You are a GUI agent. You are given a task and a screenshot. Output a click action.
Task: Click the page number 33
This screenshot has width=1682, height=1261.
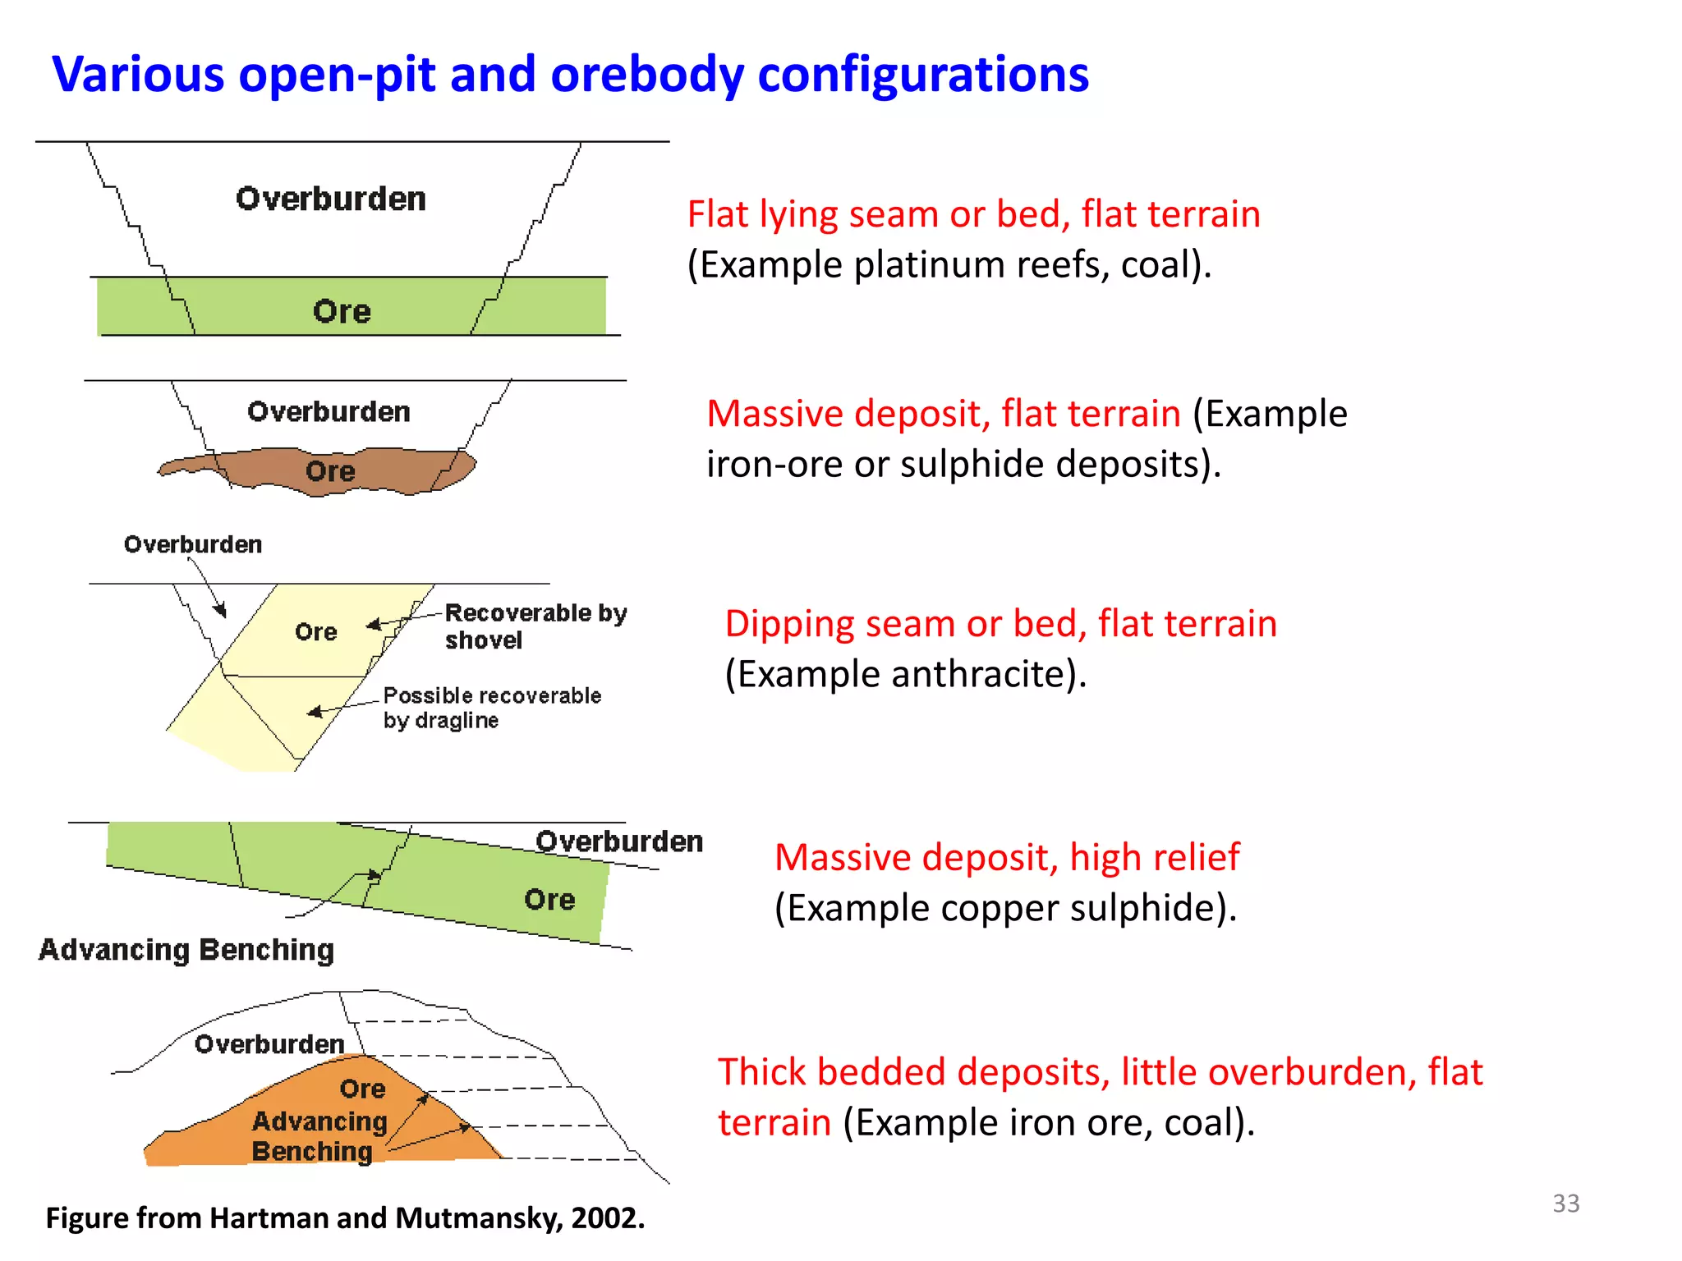(1565, 1204)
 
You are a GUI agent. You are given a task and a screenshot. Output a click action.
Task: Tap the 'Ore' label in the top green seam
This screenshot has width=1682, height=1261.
(342, 312)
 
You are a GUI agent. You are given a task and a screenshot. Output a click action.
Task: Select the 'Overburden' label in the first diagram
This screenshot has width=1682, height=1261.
(330, 199)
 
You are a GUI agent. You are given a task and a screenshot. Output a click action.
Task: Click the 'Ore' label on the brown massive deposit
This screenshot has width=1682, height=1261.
(330, 471)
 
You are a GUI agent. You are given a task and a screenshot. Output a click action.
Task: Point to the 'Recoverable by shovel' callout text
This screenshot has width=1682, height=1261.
(535, 626)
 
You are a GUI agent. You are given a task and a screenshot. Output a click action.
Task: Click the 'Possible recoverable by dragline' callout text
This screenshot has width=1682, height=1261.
(491, 708)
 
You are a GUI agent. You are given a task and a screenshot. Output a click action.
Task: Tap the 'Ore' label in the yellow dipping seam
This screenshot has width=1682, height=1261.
(316, 632)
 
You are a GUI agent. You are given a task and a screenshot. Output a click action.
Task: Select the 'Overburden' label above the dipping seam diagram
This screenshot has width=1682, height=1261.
(193, 545)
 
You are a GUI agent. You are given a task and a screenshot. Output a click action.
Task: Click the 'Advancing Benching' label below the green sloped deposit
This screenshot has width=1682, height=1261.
(186, 950)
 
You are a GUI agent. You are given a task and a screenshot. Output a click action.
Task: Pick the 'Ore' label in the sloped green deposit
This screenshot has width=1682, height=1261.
(549, 900)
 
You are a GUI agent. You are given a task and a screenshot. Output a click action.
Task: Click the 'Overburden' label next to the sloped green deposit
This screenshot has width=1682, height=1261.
(619, 842)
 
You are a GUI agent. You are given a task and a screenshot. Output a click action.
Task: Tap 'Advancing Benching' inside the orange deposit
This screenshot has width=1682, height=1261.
(319, 1136)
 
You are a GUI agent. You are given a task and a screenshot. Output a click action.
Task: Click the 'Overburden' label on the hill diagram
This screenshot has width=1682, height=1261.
(269, 1044)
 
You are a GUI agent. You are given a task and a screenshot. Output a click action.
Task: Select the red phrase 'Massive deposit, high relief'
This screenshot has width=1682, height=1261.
(1007, 858)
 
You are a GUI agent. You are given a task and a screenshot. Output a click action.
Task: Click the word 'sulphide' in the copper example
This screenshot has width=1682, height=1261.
(1141, 909)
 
